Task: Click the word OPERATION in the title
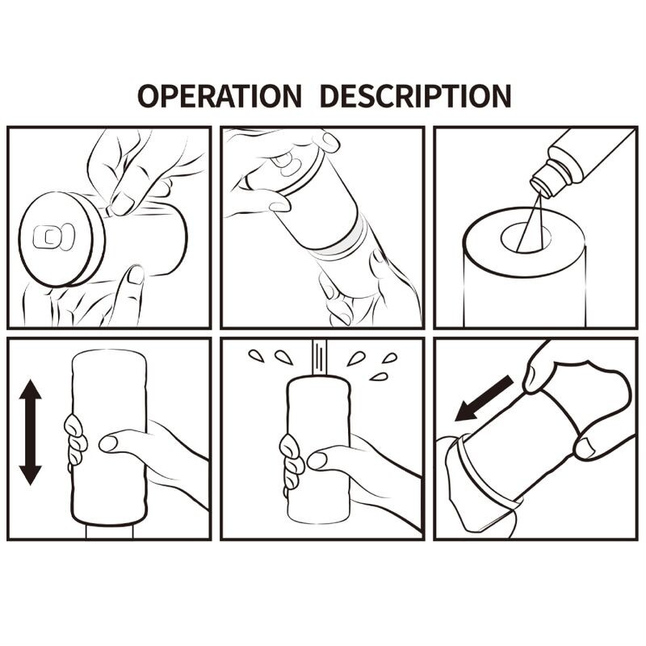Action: pos(219,95)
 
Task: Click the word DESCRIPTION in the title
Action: pos(415,95)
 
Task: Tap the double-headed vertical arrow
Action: pos(31,432)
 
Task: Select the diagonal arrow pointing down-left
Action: pos(484,398)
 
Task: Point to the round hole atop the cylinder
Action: pos(526,237)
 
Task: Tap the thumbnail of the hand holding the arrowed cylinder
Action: pos(108,443)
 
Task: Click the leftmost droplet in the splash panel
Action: pos(256,356)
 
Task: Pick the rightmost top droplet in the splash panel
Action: pos(390,358)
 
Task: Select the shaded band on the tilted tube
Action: pos(344,241)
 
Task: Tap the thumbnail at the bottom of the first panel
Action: pos(136,275)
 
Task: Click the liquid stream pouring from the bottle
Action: pos(530,224)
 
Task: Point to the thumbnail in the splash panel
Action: pos(317,460)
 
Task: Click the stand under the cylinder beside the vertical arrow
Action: pos(109,531)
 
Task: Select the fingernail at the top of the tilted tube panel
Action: pos(331,140)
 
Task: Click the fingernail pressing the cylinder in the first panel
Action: pos(122,203)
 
